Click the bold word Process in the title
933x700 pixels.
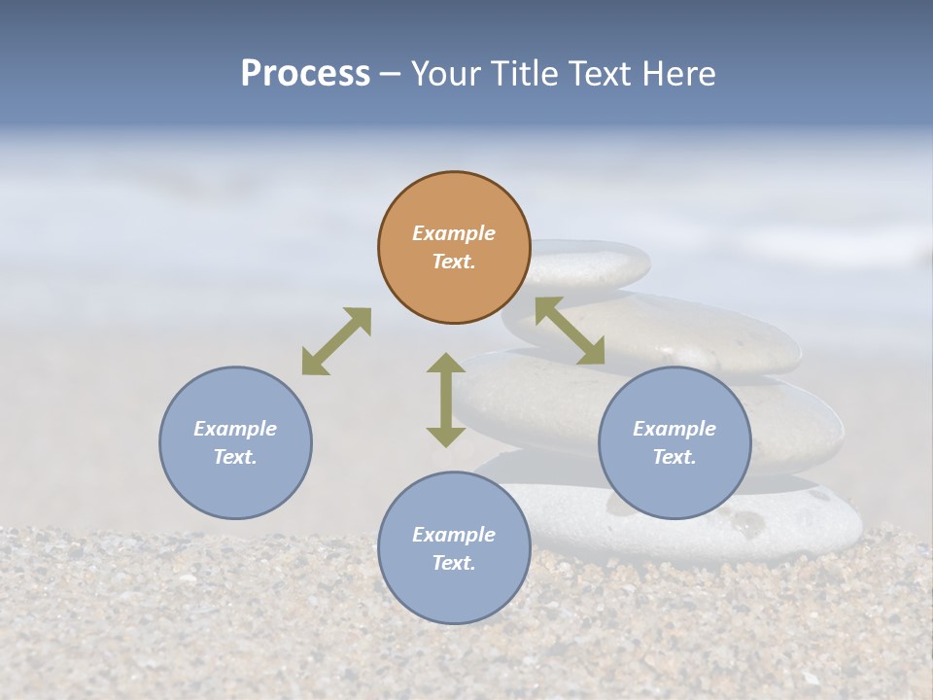click(305, 73)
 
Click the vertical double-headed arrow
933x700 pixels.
click(446, 400)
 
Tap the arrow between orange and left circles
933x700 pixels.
click(336, 341)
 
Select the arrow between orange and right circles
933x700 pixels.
click(570, 331)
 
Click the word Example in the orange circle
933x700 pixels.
click(454, 233)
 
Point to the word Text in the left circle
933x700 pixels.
click(234, 457)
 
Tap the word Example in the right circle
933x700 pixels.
click(674, 429)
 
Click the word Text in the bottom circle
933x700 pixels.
click(453, 563)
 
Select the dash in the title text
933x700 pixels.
click(391, 74)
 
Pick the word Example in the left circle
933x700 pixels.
click(235, 429)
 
